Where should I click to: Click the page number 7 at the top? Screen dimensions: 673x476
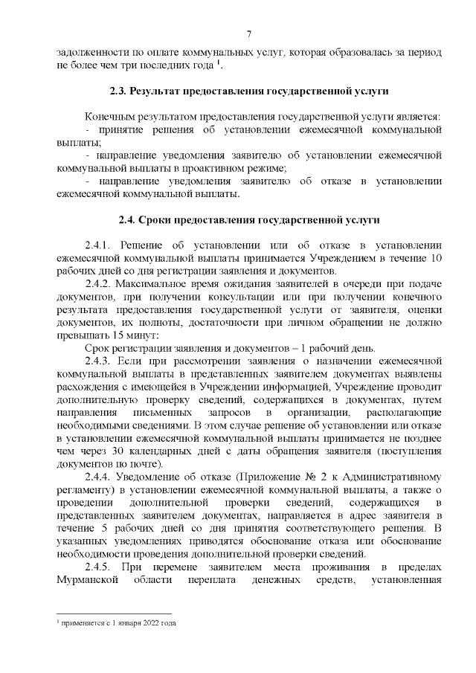click(x=249, y=33)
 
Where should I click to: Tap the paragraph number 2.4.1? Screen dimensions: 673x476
click(x=97, y=245)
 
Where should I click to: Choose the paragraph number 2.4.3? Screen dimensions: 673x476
click(x=97, y=361)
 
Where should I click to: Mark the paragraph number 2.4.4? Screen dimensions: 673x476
click(x=97, y=476)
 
